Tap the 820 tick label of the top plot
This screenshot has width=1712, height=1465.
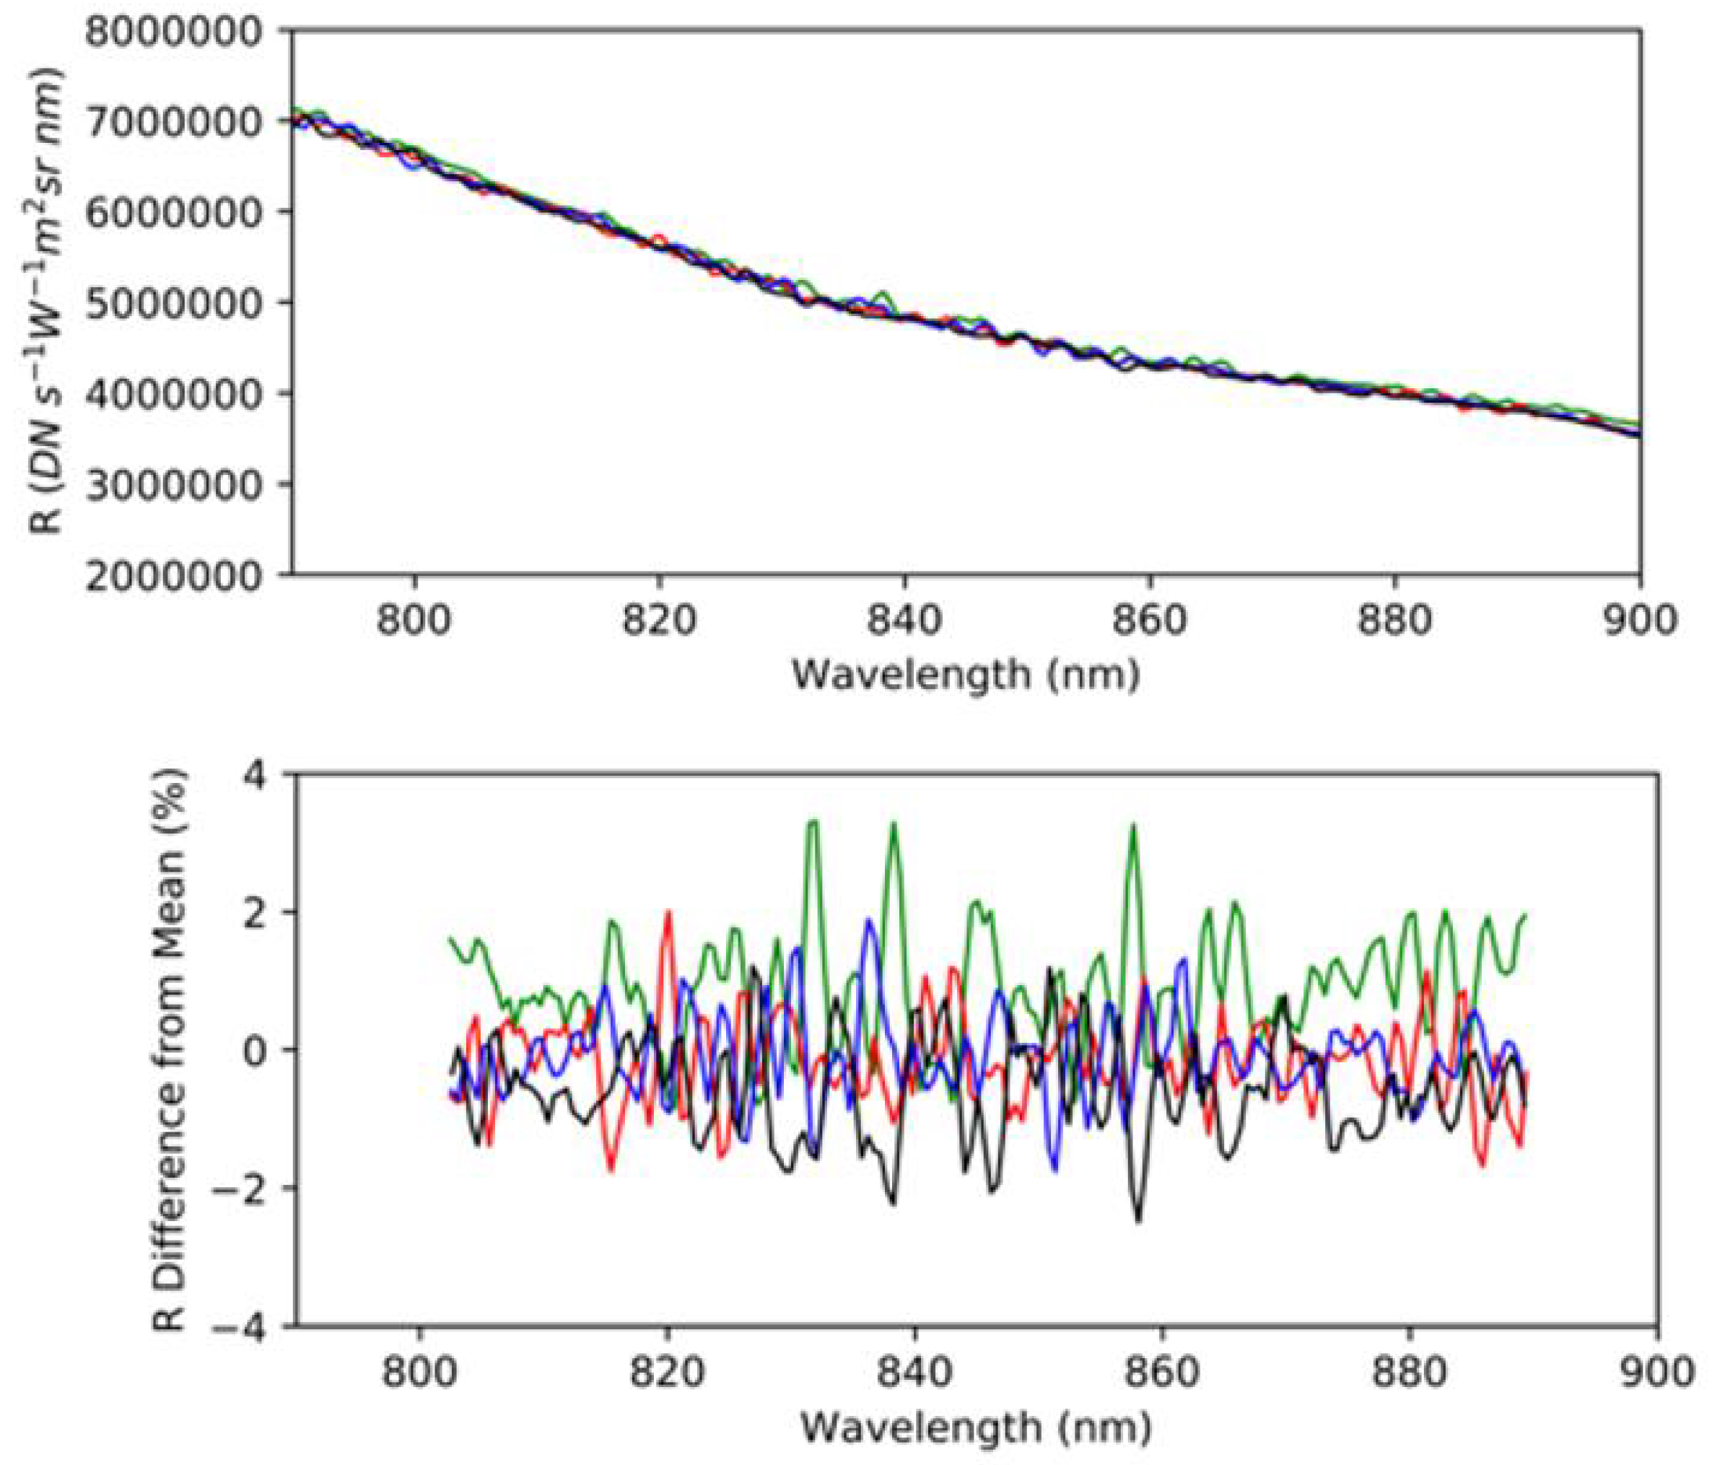[x=658, y=619]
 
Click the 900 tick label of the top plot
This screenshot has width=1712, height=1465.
[x=1638, y=619]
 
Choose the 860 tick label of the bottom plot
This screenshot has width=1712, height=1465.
[x=1163, y=1373]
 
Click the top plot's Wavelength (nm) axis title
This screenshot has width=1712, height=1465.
[x=966, y=675]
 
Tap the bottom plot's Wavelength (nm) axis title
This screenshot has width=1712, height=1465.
[x=975, y=1427]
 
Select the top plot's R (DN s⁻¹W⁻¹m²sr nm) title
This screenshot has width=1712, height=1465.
[x=50, y=302]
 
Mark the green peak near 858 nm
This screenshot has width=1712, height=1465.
[x=1134, y=826]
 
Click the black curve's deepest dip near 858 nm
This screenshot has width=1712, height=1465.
[x=1139, y=1221]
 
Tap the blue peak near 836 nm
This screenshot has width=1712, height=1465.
[x=869, y=919]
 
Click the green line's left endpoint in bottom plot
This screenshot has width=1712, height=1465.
[x=450, y=938]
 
